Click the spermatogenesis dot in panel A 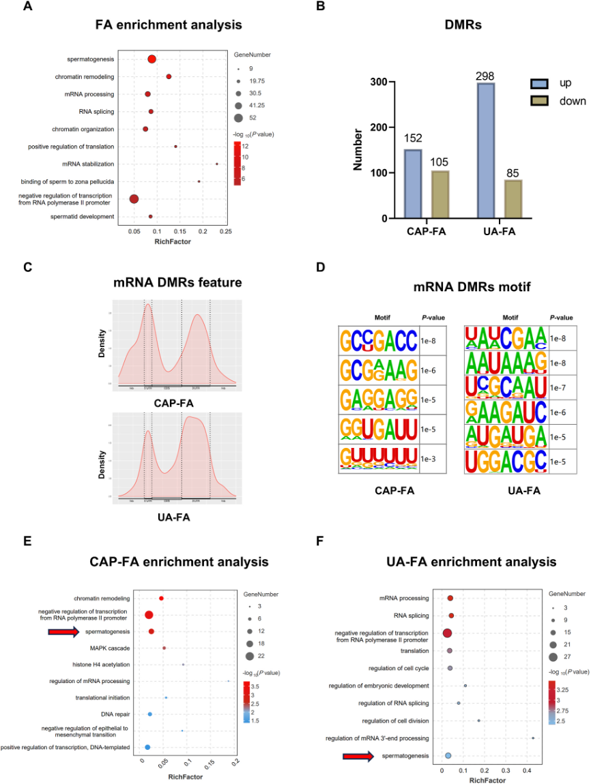tap(152, 59)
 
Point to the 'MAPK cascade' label tap(109, 648)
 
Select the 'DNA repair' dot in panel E tap(150, 714)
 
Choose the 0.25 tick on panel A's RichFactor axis tap(225, 232)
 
